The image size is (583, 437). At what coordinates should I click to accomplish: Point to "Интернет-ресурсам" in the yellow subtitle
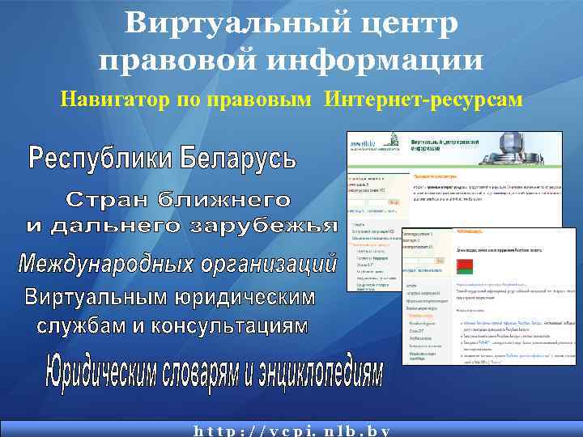tap(423, 100)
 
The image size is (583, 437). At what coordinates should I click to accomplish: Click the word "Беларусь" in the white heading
tap(237, 157)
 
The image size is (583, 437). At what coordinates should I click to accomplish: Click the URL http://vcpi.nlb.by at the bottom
tap(291, 430)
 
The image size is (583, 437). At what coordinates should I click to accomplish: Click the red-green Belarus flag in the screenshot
tap(464, 265)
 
